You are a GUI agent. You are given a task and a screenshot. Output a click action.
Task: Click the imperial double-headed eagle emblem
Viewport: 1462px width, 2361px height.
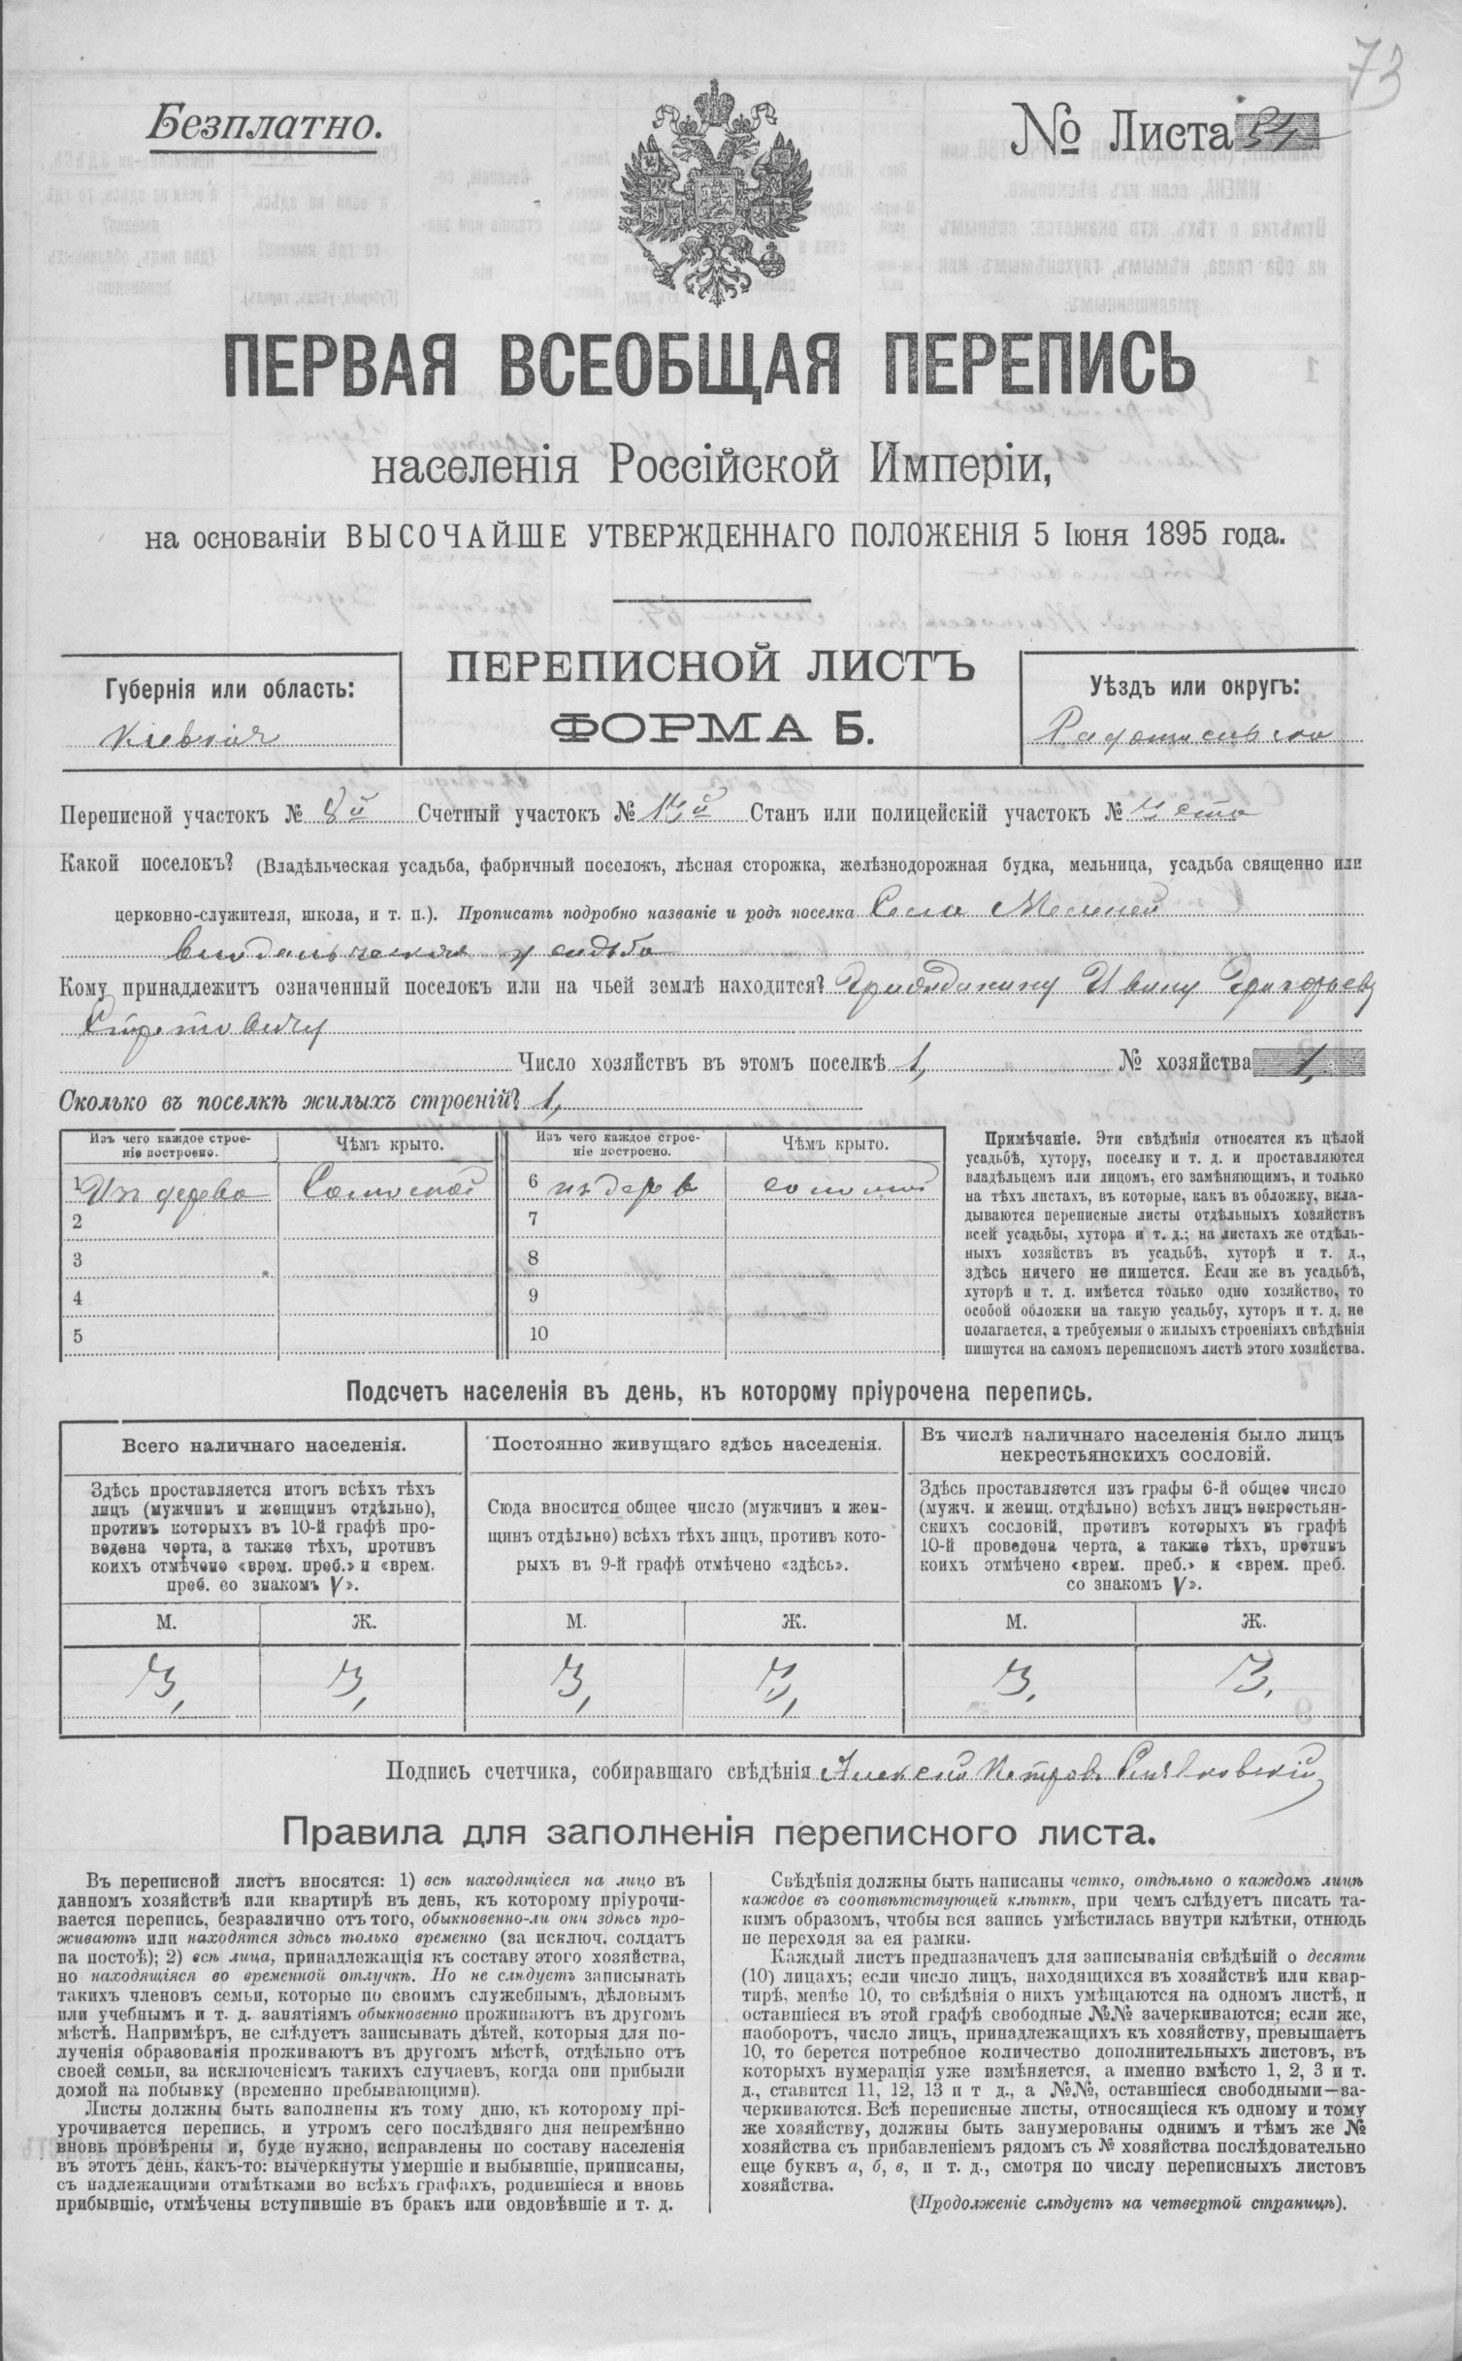(x=716, y=193)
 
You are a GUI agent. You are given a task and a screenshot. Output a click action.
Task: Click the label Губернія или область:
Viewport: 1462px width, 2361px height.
(x=234, y=690)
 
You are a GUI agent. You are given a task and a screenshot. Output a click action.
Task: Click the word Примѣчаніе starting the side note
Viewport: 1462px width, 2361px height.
(x=1032, y=1136)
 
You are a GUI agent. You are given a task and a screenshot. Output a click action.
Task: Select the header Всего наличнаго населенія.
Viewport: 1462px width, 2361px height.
(x=263, y=1444)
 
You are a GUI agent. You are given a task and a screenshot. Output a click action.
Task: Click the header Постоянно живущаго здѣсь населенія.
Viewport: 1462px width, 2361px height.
(x=687, y=1444)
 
